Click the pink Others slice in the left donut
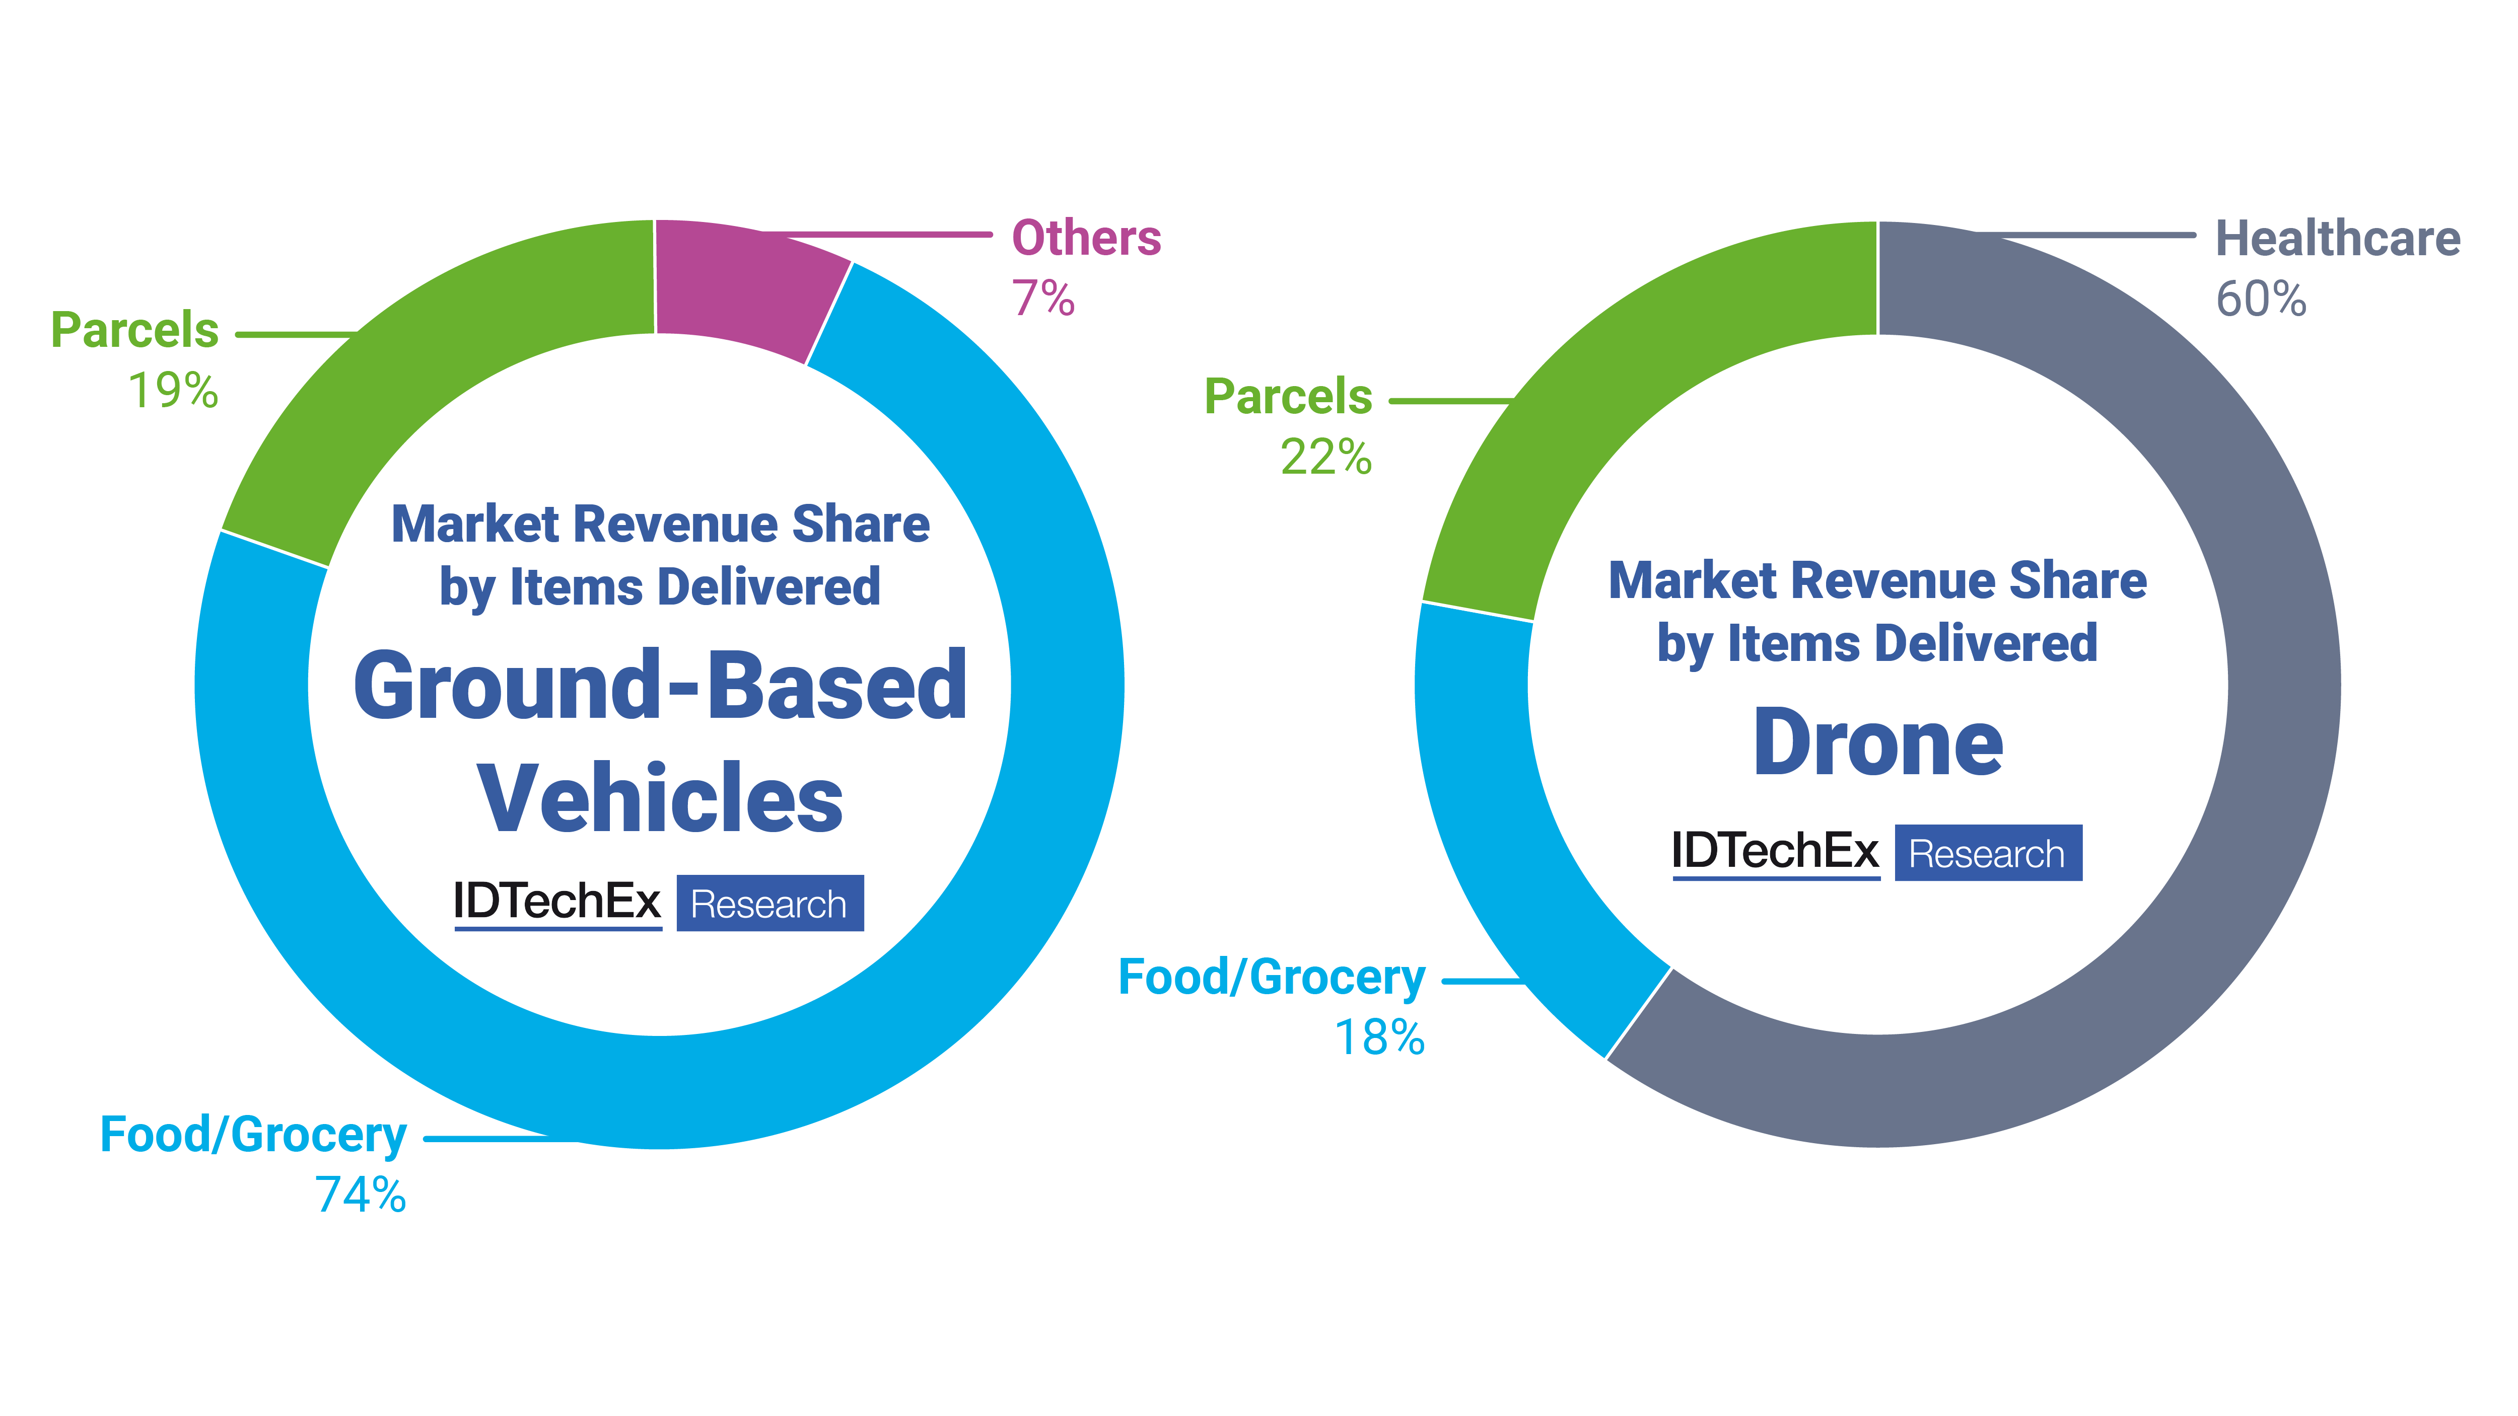tap(743, 283)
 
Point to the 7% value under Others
tap(1042, 299)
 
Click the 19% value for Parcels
tap(173, 391)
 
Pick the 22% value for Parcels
tap(1325, 458)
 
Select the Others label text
tap(1086, 239)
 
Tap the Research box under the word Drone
tap(1987, 853)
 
